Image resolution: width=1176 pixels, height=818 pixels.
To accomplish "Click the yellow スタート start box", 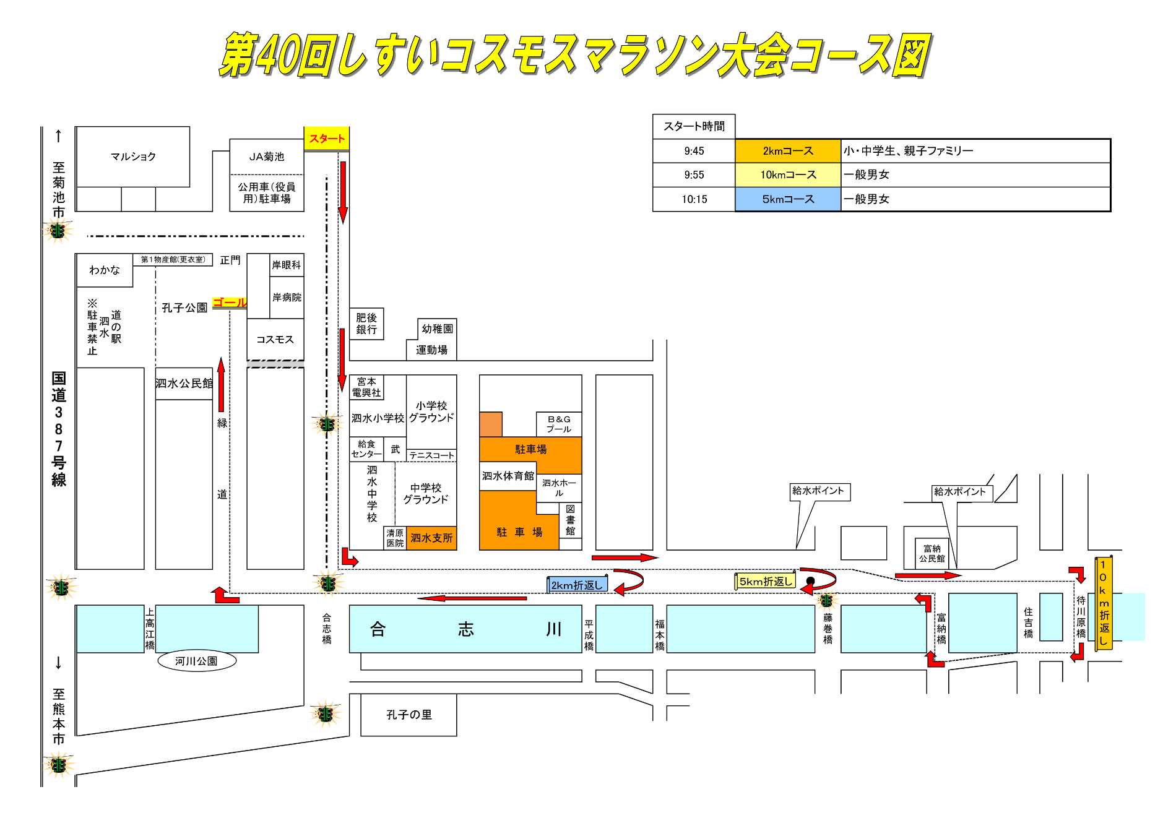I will click(326, 139).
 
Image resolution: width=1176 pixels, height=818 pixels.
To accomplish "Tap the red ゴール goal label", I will click(229, 303).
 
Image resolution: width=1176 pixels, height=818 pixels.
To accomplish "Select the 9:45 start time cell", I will click(694, 151).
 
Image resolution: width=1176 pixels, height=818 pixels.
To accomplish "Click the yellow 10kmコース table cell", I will click(787, 175).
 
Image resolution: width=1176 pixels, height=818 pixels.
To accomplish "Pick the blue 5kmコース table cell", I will click(787, 199).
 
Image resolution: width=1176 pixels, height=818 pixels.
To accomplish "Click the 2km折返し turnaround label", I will click(577, 585).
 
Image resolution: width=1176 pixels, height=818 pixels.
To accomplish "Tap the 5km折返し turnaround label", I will click(765, 582).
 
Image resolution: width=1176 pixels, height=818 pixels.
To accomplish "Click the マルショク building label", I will click(132, 157).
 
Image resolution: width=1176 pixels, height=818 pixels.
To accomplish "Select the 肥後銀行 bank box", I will click(366, 324).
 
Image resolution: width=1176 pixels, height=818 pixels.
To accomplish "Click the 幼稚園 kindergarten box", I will click(437, 329).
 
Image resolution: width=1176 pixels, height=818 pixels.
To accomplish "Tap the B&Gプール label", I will click(559, 424).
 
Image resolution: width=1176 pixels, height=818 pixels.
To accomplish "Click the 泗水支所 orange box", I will click(431, 538).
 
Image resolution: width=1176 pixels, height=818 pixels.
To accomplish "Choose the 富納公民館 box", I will click(932, 553).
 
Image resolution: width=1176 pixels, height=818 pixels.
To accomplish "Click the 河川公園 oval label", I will click(196, 661).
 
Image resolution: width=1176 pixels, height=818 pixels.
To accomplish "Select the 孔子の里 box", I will click(409, 715).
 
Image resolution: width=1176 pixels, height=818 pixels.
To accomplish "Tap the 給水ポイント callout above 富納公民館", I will click(960, 492).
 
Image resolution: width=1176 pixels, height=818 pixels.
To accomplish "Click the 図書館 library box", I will click(570, 520).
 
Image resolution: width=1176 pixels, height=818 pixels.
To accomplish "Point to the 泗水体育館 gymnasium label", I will click(508, 476).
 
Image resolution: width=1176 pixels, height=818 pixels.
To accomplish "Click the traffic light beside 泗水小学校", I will click(327, 424).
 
